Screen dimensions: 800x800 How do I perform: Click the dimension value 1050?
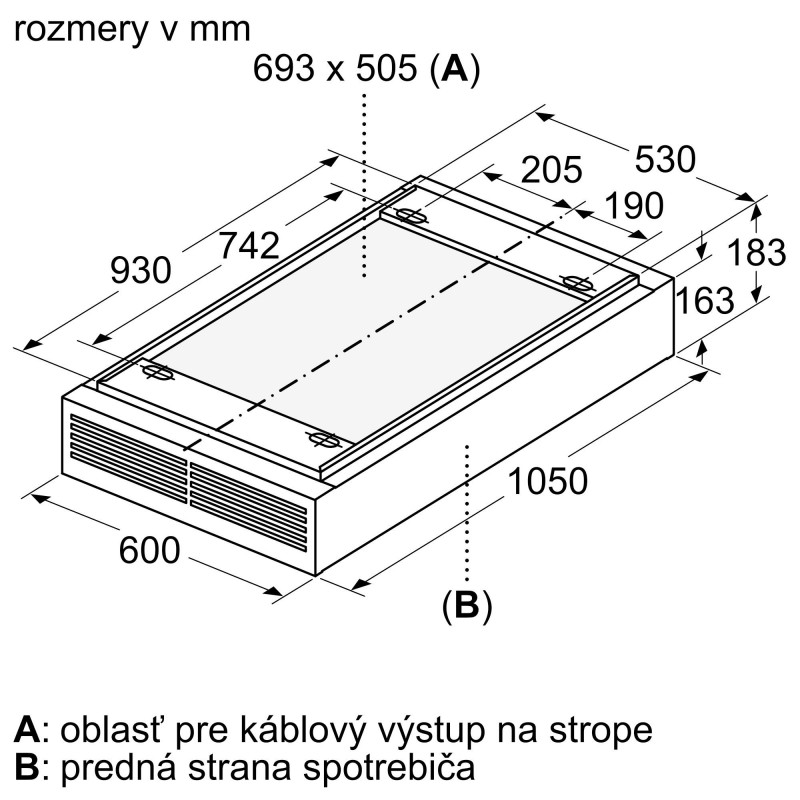click(548, 481)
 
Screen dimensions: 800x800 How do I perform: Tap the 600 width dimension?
click(149, 550)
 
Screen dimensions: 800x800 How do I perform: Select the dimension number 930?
click(141, 270)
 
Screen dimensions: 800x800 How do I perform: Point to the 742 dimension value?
click(249, 245)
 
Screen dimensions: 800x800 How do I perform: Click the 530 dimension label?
click(665, 159)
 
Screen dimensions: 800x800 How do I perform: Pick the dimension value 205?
click(552, 169)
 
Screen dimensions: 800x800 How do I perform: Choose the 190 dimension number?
click(634, 205)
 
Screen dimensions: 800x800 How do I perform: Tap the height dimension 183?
click(756, 252)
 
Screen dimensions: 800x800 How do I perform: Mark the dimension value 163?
click(705, 300)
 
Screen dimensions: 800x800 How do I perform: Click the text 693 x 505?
click(335, 68)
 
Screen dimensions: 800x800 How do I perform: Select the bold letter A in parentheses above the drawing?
click(455, 68)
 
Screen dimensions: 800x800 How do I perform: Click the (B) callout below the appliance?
click(467, 606)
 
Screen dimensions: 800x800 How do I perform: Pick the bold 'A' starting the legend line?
click(28, 730)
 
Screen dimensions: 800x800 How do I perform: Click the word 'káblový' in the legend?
click(303, 731)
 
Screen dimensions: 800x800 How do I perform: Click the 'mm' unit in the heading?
click(220, 31)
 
